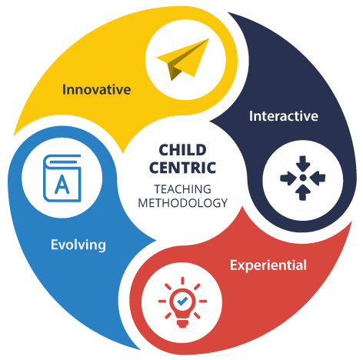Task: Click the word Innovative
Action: (x=96, y=89)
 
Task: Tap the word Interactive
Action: (x=284, y=116)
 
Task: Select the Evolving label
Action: (x=78, y=245)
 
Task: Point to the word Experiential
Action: (x=268, y=265)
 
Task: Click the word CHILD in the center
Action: (x=182, y=150)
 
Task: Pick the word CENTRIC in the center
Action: (x=182, y=168)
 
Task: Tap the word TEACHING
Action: (x=182, y=189)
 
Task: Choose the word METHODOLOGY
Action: (x=182, y=203)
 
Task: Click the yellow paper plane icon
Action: (x=182, y=59)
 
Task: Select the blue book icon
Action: (x=62, y=178)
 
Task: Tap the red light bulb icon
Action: (x=182, y=302)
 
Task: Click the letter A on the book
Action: (x=62, y=184)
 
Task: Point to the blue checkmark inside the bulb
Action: (x=182, y=301)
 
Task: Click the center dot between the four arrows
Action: (x=303, y=178)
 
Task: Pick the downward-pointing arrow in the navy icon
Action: (x=303, y=164)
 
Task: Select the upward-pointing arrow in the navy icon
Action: (x=303, y=192)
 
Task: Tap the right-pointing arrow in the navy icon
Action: (x=288, y=178)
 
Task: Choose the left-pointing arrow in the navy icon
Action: (x=318, y=178)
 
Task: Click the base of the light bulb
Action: (x=182, y=323)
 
